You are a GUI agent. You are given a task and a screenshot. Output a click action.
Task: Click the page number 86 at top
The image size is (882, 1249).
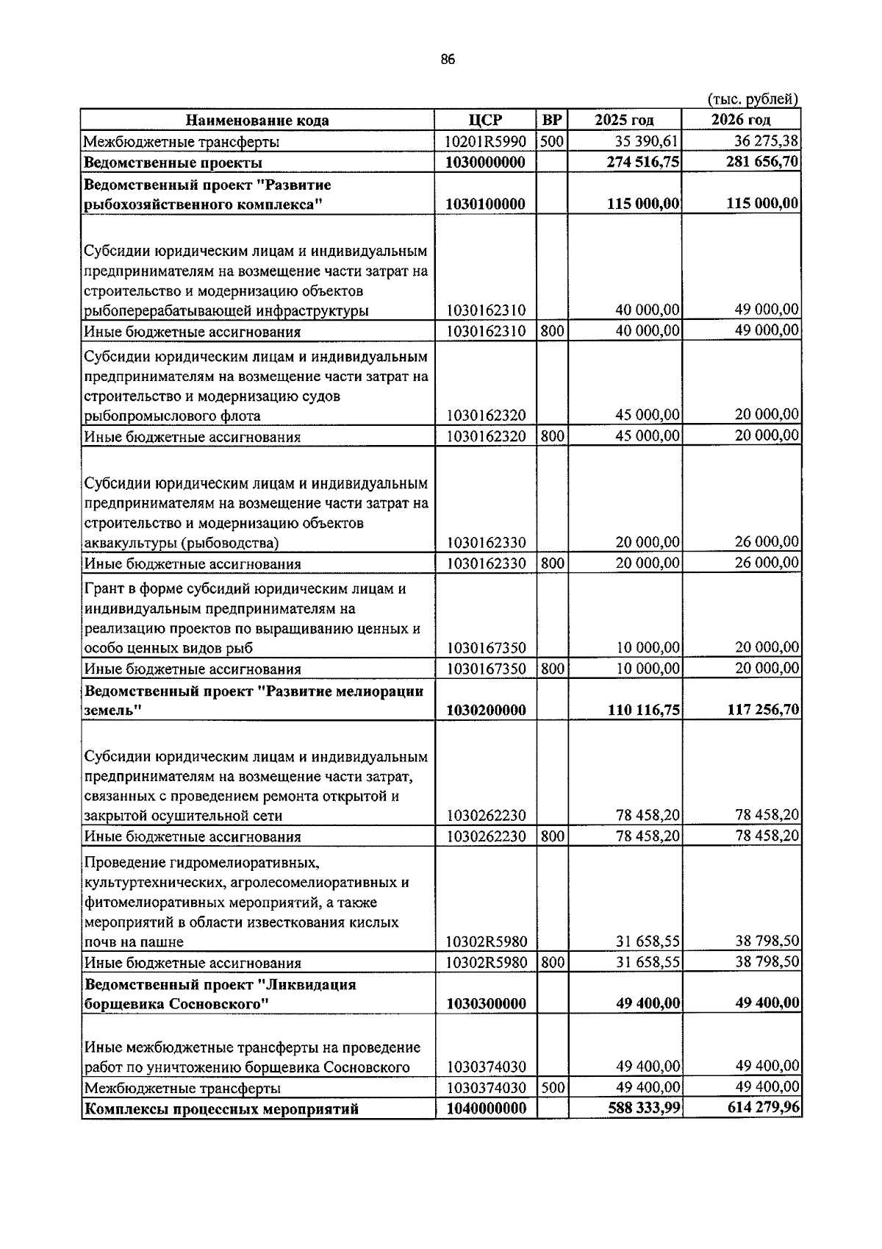coord(448,60)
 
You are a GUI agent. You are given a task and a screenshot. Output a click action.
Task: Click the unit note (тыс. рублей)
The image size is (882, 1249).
coord(753,99)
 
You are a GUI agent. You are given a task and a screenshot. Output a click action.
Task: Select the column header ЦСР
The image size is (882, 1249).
coord(485,120)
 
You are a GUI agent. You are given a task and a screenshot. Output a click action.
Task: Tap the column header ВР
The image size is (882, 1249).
coord(551,120)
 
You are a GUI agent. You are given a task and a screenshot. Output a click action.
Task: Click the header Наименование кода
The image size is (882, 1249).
coord(257,120)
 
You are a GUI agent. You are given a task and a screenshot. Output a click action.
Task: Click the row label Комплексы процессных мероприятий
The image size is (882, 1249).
coord(221,1109)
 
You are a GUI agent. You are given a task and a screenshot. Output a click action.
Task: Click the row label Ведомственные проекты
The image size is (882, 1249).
coord(173,163)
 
